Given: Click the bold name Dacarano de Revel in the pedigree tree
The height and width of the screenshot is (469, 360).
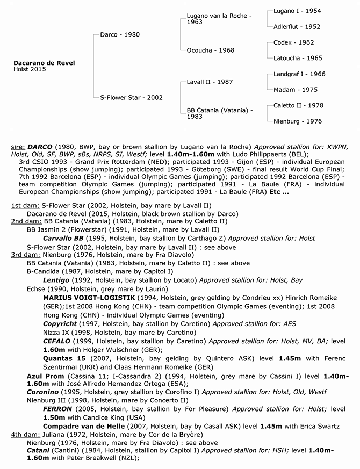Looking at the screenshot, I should (x=44, y=63).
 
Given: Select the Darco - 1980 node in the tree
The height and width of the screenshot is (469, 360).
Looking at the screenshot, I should (x=120, y=35).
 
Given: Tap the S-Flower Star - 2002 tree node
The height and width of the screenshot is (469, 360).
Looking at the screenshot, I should (x=131, y=98).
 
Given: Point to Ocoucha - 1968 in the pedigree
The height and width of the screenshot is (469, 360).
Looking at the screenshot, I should (x=211, y=50).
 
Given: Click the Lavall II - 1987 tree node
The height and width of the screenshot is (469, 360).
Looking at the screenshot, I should (x=210, y=82).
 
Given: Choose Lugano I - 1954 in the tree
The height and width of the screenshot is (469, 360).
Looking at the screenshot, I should (x=297, y=11).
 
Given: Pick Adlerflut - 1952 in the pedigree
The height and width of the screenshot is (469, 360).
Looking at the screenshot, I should (x=297, y=26).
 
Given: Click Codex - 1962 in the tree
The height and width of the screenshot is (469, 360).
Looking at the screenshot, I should (x=294, y=42).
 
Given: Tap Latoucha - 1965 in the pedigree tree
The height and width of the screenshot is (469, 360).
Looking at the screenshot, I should (x=298, y=58).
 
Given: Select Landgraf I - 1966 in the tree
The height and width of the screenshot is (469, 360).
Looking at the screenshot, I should (x=299, y=74).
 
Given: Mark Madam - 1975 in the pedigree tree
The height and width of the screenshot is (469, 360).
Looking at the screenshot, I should (x=295, y=90).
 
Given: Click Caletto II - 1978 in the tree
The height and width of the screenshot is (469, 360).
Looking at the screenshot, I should (x=298, y=106).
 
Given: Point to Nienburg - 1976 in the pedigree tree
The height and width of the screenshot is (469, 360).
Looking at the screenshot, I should (x=297, y=121).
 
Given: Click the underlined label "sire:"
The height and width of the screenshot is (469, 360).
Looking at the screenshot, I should (x=18, y=146).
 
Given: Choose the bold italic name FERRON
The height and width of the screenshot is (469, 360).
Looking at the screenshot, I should (x=57, y=409).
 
